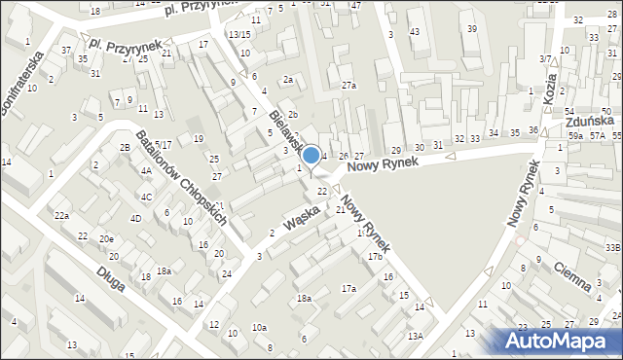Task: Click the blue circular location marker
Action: pyautogui.click(x=311, y=155)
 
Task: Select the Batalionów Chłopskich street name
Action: pyautogui.click(x=181, y=176)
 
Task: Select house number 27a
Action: pyautogui.click(x=348, y=86)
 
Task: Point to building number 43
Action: pyautogui.click(x=415, y=32)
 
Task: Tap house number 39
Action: pyautogui.click(x=471, y=28)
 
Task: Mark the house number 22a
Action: pyautogui.click(x=61, y=215)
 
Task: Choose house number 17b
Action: pyautogui.click(x=375, y=256)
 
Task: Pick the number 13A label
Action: pyautogui.click(x=416, y=336)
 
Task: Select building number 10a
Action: pyautogui.click(x=259, y=328)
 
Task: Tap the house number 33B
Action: pyautogui.click(x=612, y=248)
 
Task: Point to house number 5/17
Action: pyautogui.click(x=163, y=145)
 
